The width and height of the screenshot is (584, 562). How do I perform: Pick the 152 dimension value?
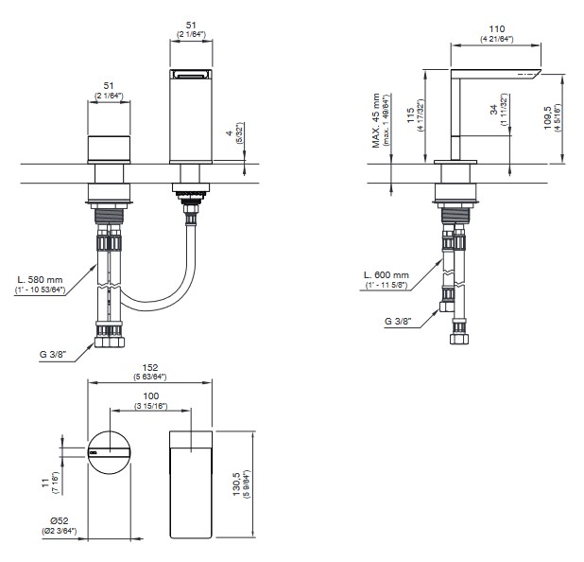[x=150, y=368]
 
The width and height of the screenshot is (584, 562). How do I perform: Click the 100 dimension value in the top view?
[x=150, y=395]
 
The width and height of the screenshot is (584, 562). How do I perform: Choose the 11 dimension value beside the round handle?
[x=44, y=483]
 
